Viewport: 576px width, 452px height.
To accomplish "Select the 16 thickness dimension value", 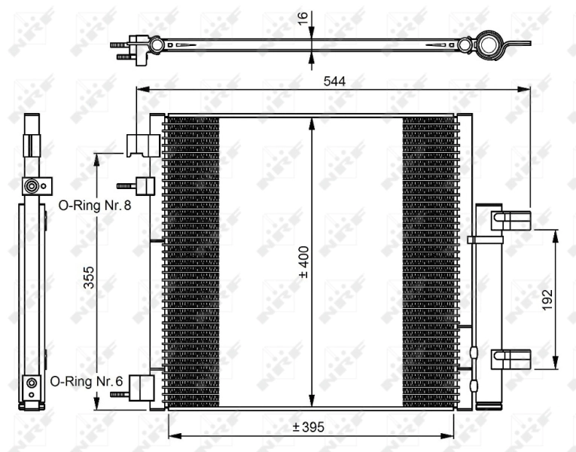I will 304,18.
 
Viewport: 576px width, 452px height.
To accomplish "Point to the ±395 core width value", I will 309,426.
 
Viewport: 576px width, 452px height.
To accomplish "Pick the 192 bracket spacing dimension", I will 547,299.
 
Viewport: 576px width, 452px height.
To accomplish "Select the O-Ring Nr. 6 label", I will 86,381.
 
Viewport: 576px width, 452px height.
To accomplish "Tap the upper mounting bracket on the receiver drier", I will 510,219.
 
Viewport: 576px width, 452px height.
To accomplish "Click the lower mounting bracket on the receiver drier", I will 510,359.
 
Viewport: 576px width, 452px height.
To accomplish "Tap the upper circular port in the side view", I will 32,185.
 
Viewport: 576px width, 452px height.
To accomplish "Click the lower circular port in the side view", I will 31,383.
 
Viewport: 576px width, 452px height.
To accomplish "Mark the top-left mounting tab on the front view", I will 142,145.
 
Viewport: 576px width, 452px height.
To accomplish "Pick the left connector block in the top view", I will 136,46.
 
